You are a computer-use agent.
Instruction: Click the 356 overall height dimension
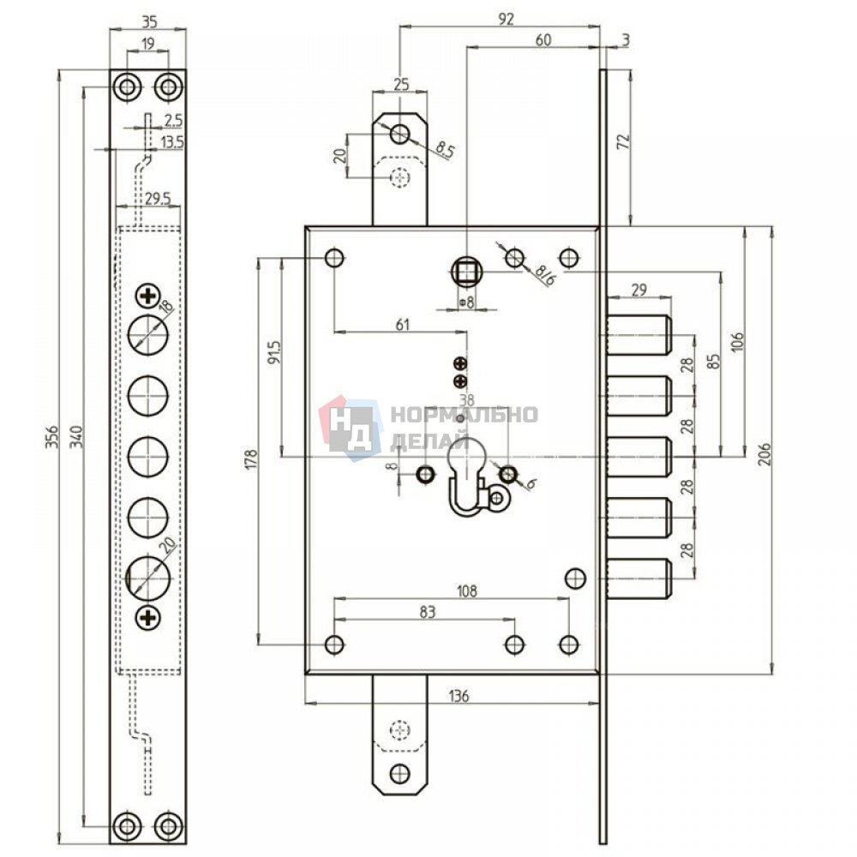point(51,437)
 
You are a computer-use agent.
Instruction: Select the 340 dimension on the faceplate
point(76,437)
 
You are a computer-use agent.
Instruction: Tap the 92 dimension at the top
point(506,19)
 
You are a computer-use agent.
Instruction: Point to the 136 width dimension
point(459,696)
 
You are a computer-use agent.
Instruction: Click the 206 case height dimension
point(764,453)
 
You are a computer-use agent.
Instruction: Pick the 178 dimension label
point(251,460)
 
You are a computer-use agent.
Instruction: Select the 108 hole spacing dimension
point(466,590)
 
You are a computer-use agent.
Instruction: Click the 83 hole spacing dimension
point(428,612)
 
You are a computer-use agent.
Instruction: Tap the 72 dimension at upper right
point(624,142)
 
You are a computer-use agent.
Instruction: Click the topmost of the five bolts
point(638,334)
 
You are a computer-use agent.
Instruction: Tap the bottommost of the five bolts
point(638,578)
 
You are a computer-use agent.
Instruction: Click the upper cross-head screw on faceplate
point(147,297)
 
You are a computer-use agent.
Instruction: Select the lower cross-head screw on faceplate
point(147,618)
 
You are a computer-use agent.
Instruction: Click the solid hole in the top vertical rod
point(400,133)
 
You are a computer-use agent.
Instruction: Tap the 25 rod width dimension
point(400,85)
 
